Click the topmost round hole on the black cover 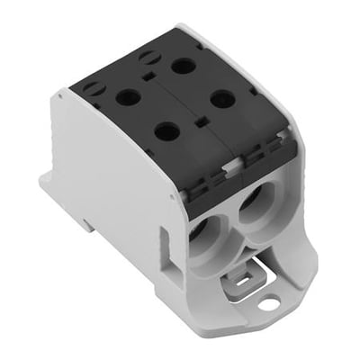184,66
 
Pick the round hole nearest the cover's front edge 166,131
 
